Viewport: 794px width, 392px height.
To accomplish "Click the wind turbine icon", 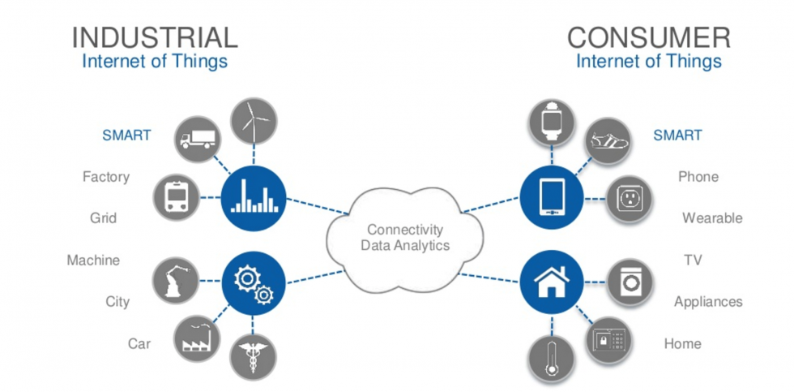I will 254,121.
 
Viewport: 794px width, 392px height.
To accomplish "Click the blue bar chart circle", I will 254,196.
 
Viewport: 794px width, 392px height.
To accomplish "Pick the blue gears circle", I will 254,281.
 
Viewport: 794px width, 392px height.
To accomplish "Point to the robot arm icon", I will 177,281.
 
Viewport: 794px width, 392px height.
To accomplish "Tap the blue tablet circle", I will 552,196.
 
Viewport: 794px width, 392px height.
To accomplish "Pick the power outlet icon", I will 630,198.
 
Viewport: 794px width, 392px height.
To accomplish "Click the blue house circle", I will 552,281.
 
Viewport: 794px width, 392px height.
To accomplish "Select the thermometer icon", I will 552,358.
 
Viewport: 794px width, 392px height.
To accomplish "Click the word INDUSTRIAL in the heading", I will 155,37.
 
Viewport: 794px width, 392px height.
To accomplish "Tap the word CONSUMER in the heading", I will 648,37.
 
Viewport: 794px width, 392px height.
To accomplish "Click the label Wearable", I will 711,218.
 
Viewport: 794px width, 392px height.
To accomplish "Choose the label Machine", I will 93,261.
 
